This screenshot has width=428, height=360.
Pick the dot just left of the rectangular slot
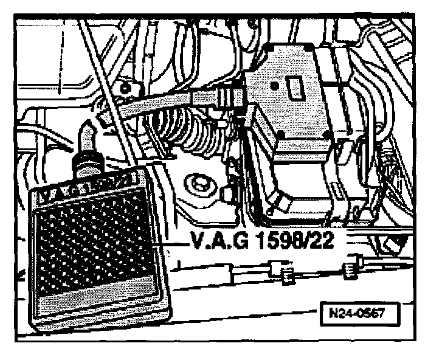(275, 86)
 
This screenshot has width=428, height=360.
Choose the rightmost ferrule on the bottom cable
(348, 268)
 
